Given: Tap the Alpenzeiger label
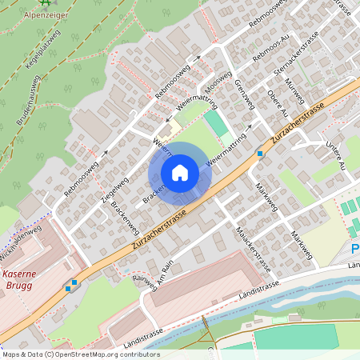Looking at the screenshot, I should (46, 15).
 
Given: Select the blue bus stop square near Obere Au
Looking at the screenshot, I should (259, 152).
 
